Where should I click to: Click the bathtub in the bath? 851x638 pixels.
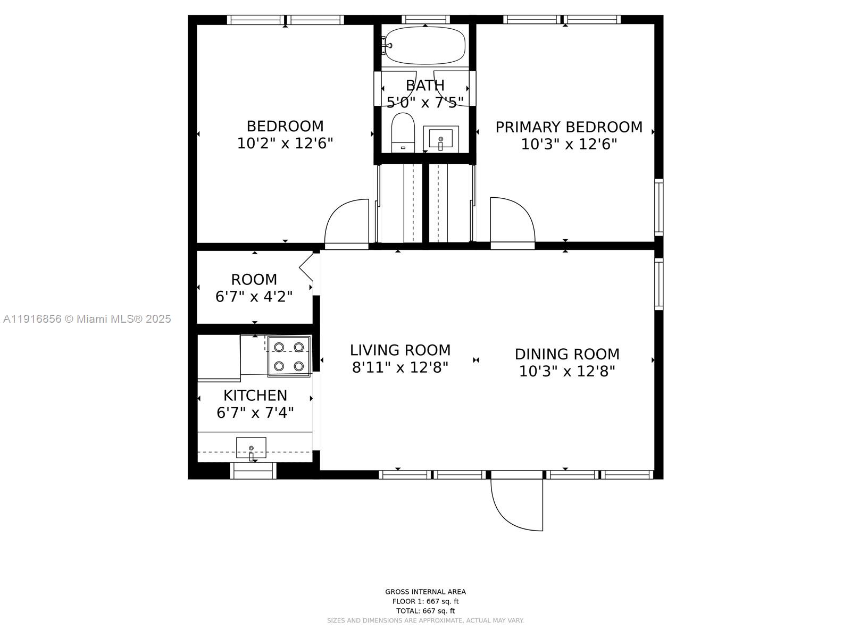[x=425, y=45]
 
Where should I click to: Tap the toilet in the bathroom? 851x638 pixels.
[x=403, y=132]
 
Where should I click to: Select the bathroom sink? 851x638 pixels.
[x=440, y=139]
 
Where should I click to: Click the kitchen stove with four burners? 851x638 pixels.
[x=289, y=356]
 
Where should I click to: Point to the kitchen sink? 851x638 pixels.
[x=251, y=447]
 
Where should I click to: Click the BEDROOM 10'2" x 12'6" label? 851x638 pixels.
[x=285, y=135]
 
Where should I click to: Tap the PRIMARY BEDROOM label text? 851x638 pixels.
[x=569, y=127]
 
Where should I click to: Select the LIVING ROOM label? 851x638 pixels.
[x=400, y=350]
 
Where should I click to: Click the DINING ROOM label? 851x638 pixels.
[x=567, y=354]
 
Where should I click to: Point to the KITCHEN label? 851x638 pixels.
[x=255, y=395]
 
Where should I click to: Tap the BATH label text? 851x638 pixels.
[x=425, y=86]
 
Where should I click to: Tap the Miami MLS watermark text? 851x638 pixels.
[x=87, y=318]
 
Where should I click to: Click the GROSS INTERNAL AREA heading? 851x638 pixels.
[x=425, y=591]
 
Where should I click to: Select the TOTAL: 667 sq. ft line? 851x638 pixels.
[x=425, y=611]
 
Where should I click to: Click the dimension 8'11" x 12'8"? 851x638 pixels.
[x=400, y=367]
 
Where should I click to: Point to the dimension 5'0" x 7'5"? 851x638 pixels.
[x=425, y=102]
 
